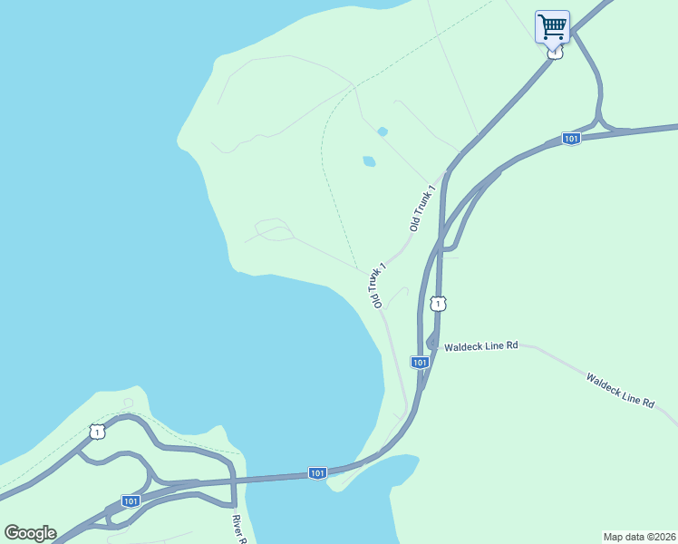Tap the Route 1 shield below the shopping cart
click(555, 53)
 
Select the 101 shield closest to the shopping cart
click(570, 138)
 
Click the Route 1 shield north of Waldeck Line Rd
click(438, 303)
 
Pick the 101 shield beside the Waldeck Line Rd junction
click(419, 362)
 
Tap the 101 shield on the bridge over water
click(316, 472)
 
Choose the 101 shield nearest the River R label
click(131, 500)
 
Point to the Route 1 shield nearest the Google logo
click(96, 432)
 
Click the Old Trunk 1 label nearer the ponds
click(422, 208)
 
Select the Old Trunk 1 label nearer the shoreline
click(377, 285)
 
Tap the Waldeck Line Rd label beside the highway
click(479, 345)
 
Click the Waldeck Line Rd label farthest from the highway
click(620, 390)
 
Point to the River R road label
click(239, 530)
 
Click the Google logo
click(30, 533)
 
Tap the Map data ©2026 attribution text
click(639, 536)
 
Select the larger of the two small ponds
click(369, 161)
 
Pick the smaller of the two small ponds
click(383, 131)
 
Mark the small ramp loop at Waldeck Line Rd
click(431, 342)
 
